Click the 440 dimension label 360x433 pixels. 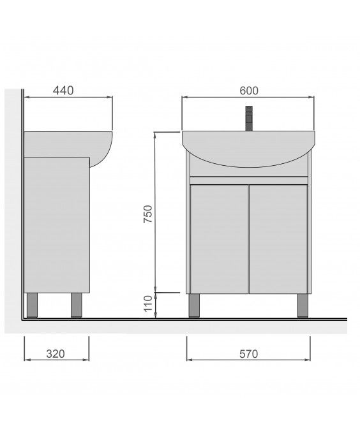click(x=63, y=91)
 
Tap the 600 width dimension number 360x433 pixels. click(x=249, y=91)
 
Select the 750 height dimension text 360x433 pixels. click(x=147, y=214)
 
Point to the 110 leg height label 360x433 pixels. click(x=148, y=304)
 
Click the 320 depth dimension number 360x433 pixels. click(x=56, y=354)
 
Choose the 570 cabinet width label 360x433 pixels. click(x=248, y=354)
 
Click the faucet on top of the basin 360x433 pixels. click(x=249, y=119)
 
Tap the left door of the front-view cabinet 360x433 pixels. click(x=220, y=239)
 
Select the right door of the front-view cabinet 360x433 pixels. click(x=278, y=239)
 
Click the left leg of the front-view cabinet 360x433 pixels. click(x=194, y=305)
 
